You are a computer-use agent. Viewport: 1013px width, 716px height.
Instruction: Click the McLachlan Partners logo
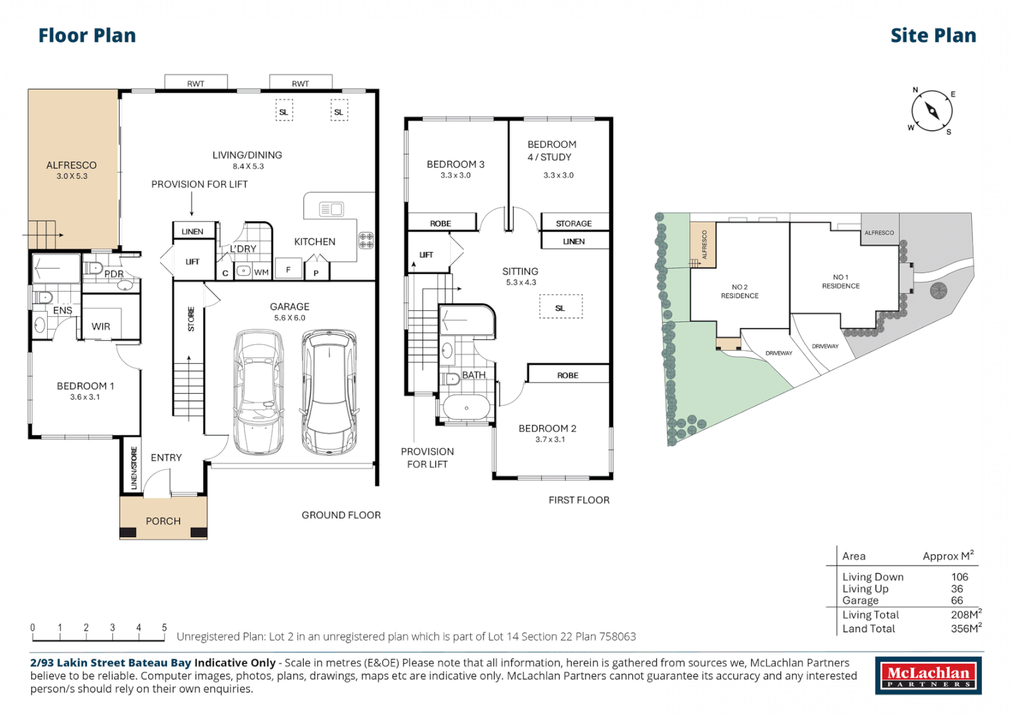929,676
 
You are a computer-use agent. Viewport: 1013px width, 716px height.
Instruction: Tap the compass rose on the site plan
931,111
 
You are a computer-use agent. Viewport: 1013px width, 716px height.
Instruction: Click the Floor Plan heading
87,36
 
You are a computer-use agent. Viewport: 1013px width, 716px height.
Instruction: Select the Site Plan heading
933,36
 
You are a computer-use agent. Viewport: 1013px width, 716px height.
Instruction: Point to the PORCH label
163,521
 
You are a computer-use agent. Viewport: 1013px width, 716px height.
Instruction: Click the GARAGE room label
290,306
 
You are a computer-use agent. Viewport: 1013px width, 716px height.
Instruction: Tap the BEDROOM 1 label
86,386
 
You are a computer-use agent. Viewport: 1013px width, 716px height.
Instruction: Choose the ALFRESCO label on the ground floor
72,166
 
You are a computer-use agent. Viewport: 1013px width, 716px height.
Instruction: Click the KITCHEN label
314,242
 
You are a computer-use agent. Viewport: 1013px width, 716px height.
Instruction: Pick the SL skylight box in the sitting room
561,307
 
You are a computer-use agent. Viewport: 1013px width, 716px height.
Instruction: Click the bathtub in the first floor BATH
466,407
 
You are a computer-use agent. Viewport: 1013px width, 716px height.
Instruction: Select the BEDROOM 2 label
548,428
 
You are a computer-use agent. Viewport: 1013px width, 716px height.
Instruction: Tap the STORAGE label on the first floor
574,223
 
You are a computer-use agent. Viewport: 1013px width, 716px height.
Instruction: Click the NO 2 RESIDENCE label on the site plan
740,292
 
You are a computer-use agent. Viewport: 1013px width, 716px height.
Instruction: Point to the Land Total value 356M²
966,628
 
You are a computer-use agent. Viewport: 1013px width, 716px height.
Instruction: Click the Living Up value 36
957,589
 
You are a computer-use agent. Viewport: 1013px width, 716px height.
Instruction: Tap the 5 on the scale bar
165,627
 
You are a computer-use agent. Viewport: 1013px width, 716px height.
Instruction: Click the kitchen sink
331,209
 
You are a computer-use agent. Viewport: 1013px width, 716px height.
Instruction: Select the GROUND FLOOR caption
342,515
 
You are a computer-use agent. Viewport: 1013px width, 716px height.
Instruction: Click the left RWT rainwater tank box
196,82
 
